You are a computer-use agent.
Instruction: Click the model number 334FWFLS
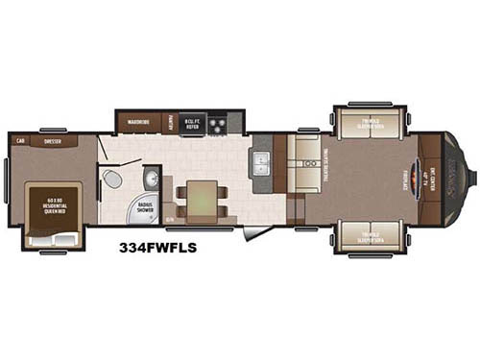(157, 247)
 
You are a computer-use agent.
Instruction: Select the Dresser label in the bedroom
(54, 141)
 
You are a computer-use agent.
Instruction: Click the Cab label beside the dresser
(19, 141)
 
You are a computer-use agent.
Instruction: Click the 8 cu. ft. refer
(193, 122)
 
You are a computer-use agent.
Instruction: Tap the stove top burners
(218, 123)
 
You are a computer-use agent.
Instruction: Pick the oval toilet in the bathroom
(112, 180)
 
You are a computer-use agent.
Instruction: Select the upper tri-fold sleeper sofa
(369, 124)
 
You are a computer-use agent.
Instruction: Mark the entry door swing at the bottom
(253, 232)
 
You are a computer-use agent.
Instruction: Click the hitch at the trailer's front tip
(469, 178)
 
